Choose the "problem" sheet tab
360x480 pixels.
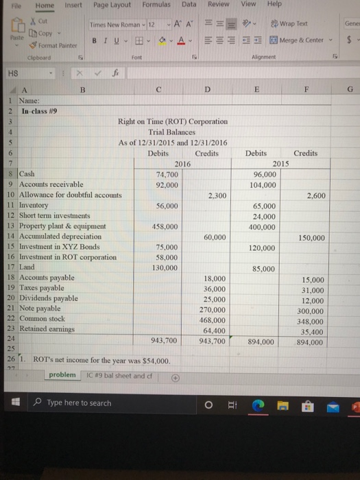pyautogui.click(x=62, y=375)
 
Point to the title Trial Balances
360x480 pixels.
pyautogui.click(x=173, y=132)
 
